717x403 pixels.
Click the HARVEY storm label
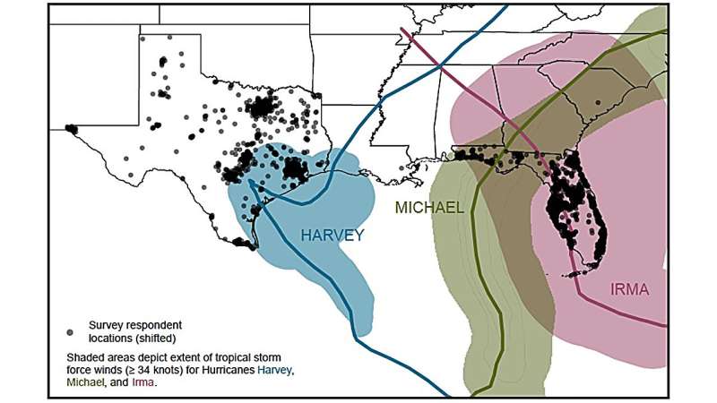coord(333,236)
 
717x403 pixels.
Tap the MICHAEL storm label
coord(430,208)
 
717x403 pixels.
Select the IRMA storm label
coord(629,289)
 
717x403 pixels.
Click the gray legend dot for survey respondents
coord(71,329)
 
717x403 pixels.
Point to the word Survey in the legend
coord(106,324)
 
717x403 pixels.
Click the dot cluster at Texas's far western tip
coord(72,129)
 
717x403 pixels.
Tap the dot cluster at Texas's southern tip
coord(242,242)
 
